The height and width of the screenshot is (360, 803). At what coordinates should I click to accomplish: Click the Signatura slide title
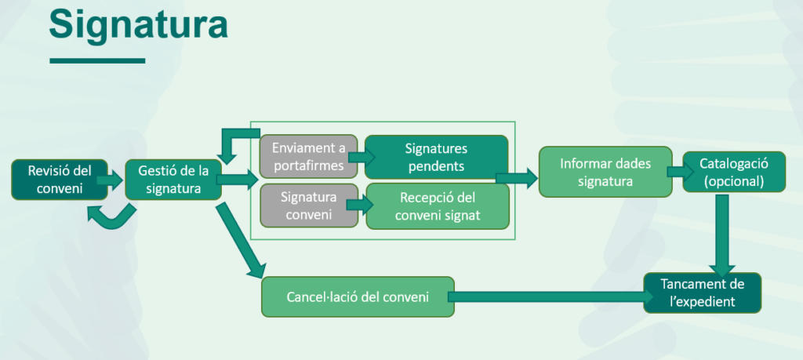138,25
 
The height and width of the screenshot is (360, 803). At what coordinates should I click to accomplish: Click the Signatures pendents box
436,156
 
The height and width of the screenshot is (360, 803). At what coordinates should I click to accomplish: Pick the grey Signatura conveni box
308,205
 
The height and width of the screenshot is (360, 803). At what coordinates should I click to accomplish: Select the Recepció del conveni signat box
438,205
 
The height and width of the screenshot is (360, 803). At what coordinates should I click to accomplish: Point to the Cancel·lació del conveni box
358,296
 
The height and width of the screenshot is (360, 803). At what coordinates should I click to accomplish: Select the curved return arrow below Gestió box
110,215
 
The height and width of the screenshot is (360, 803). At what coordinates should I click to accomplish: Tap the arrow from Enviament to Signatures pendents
362,156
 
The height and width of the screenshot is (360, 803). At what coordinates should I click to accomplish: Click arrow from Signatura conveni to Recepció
362,205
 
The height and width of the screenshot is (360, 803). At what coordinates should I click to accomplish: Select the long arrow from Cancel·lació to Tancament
549,296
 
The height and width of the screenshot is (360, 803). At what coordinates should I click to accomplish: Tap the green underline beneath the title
96,60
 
